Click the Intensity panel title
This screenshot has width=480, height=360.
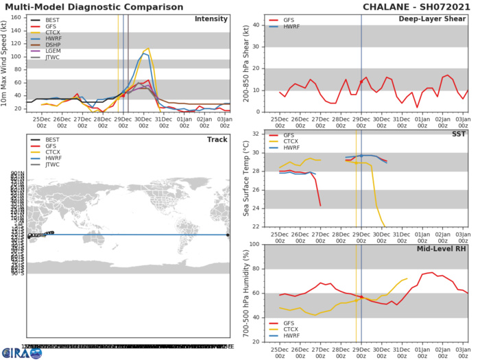point(211,19)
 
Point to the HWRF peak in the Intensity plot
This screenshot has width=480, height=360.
point(145,53)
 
